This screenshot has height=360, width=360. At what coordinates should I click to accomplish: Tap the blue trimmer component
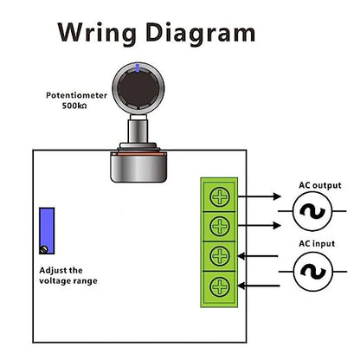[47, 230]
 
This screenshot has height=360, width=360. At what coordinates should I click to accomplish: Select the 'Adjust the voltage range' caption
[69, 274]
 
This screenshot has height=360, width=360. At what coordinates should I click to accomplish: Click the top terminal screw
[222, 196]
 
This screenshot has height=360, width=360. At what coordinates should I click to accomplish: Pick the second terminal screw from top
[222, 227]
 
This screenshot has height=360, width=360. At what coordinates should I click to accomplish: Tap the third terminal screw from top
[222, 256]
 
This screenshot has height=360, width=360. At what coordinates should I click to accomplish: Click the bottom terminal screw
[222, 286]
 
